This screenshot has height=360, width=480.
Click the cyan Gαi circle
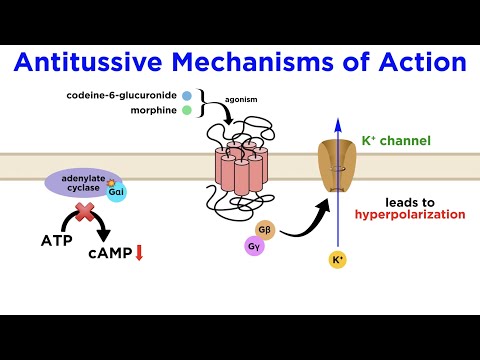point(117,192)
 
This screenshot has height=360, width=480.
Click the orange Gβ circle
point(266,228)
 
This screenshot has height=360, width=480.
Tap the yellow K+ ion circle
point(338,261)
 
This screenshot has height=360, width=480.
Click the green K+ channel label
point(397,141)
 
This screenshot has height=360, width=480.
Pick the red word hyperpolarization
point(410,214)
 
